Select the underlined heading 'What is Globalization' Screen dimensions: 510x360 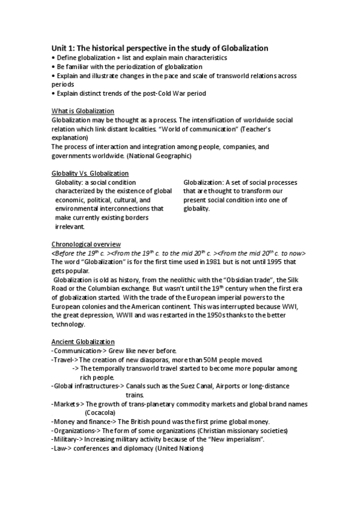coord(82,111)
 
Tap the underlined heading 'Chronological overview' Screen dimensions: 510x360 coord(86,244)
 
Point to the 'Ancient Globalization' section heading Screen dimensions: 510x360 coord(82,342)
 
